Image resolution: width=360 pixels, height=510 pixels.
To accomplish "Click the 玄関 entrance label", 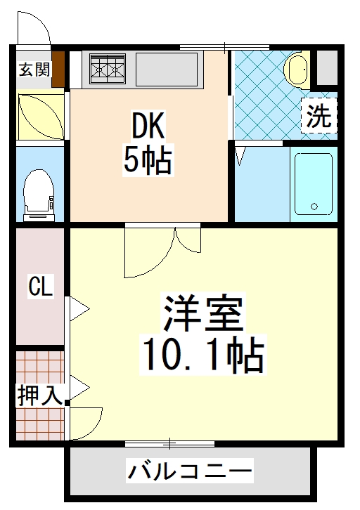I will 34,70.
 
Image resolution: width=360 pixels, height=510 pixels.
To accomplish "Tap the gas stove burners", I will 106,69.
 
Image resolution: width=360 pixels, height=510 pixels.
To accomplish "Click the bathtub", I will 312,183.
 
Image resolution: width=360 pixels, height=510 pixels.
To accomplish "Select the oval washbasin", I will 297,70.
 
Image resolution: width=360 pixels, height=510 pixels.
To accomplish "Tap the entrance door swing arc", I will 34,28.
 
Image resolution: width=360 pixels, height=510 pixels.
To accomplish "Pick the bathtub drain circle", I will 314,208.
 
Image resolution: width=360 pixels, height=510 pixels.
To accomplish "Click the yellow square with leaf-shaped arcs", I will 40,115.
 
